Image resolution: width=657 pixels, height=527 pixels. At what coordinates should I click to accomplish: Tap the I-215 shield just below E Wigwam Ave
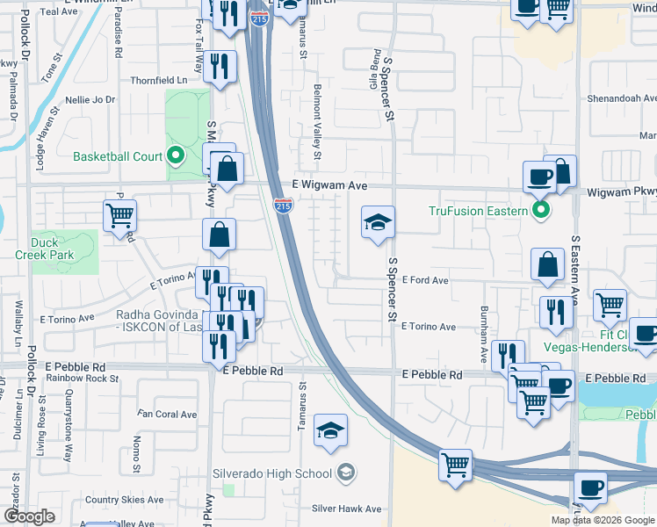click(283, 206)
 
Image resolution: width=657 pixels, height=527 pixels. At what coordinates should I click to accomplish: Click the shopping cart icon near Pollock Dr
click(119, 214)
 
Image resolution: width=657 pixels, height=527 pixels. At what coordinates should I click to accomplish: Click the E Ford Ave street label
click(425, 281)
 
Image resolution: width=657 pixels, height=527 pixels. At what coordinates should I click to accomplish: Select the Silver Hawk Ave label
click(347, 509)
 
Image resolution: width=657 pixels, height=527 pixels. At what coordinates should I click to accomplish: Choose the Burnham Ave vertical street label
click(484, 336)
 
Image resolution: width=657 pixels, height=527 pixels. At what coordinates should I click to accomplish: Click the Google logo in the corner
click(29, 516)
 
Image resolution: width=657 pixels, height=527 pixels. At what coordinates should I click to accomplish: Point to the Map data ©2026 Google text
click(602, 520)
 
